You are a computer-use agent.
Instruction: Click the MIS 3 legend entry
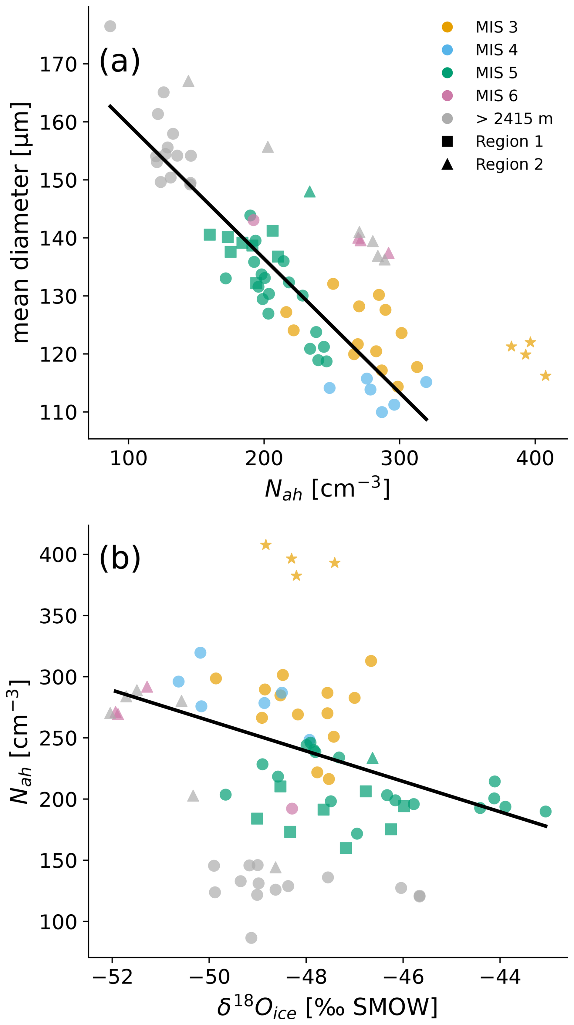point(496,27)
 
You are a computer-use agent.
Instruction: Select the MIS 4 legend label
point(496,50)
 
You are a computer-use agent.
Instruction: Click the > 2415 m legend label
point(514,119)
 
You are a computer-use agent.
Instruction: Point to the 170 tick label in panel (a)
point(58,65)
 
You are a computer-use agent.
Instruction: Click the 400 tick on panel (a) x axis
point(535,458)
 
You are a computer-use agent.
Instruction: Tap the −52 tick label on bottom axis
point(112,977)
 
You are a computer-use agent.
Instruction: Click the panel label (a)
point(120,61)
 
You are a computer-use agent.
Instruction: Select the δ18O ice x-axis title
point(327,1007)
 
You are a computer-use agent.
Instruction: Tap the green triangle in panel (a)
point(309,192)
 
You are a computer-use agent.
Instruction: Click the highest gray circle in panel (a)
point(110,26)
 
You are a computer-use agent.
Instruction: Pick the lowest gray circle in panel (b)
point(251,938)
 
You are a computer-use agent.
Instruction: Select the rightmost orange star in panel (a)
point(545,376)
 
